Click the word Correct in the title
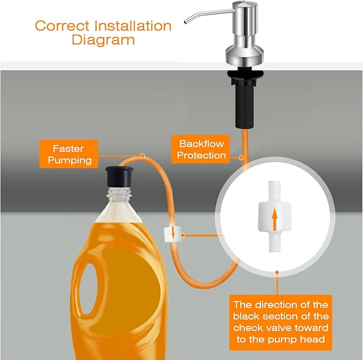coord(62,26)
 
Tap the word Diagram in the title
coord(103,40)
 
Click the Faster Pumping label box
coord(69,154)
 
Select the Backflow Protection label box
coord(200,149)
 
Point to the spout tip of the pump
coord(186,22)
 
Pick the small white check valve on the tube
coord(173,235)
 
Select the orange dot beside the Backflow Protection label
coord(242,157)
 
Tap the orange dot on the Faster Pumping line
coord(143,156)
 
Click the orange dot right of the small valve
coord(183,235)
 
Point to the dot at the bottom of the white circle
coord(277,272)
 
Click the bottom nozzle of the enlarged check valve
coord(274,243)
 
